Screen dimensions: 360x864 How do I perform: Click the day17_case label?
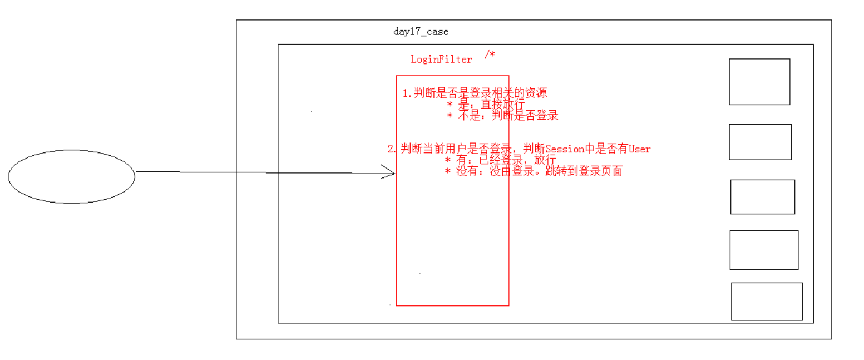(421, 32)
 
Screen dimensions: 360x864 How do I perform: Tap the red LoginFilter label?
(441, 60)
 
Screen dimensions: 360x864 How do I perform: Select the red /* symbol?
(490, 54)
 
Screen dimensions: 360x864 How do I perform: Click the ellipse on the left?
(71, 176)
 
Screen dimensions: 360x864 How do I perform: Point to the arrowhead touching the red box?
(389, 172)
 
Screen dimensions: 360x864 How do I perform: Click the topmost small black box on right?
(759, 82)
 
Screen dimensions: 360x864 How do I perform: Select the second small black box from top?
(760, 142)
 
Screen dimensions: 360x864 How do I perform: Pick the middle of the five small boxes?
(762, 197)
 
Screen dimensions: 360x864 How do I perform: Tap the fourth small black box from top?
(764, 250)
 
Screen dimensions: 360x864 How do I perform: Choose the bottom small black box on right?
(767, 302)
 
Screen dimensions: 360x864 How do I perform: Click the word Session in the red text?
(565, 149)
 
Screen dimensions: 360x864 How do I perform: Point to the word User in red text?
(639, 149)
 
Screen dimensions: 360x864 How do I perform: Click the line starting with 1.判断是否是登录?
(478, 93)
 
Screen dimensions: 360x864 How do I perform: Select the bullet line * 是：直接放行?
(485, 104)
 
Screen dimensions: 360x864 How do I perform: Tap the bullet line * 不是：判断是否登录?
(502, 116)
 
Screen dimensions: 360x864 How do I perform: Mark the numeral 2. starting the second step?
(392, 149)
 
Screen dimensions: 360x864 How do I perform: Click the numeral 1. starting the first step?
(407, 93)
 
